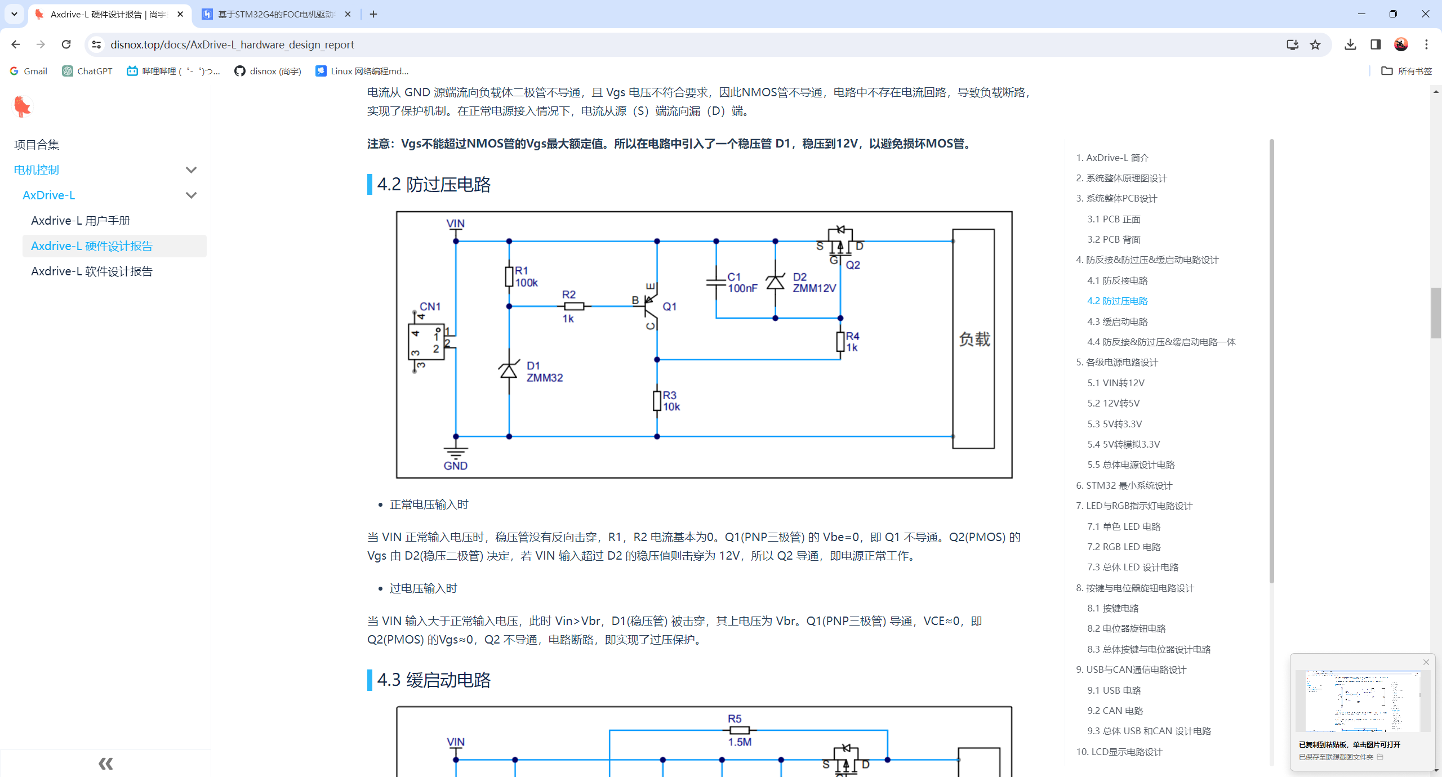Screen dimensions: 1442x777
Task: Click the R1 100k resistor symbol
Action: point(509,276)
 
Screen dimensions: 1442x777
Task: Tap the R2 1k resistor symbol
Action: point(574,306)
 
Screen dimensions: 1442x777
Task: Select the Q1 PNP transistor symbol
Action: point(650,306)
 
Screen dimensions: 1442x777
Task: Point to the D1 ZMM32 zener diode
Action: point(509,370)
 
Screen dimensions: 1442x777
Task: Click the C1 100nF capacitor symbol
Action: point(716,281)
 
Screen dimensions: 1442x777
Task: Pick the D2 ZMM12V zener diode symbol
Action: point(775,281)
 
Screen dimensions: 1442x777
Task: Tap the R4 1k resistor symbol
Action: point(840,342)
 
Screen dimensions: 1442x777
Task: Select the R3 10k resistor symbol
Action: point(657,401)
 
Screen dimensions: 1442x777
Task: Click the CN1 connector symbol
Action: point(427,341)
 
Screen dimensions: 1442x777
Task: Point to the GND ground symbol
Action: point(455,453)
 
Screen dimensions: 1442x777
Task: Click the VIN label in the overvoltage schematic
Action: point(455,224)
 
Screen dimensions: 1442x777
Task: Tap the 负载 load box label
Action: point(974,339)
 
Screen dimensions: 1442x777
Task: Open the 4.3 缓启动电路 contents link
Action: point(1117,321)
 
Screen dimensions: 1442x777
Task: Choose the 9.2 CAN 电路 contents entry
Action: point(1115,711)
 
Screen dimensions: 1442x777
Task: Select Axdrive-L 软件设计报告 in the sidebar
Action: point(92,271)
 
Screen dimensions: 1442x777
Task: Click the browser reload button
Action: point(66,44)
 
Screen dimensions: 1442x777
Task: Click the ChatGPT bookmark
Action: point(87,71)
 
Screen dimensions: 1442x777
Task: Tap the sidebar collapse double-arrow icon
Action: point(106,763)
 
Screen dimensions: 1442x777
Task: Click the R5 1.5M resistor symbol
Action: point(739,730)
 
